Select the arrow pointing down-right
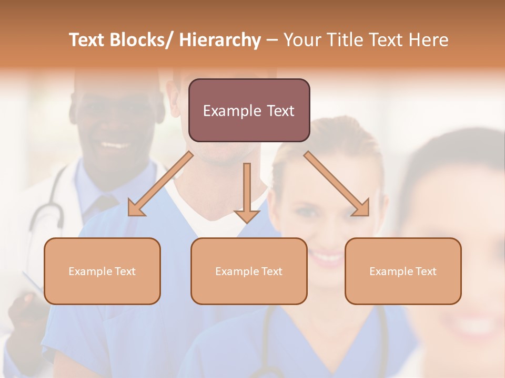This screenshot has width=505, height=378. point(337,184)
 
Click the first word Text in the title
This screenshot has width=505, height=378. point(87,40)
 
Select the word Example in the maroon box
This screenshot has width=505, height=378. point(231,111)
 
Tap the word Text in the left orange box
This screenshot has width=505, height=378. point(125,271)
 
